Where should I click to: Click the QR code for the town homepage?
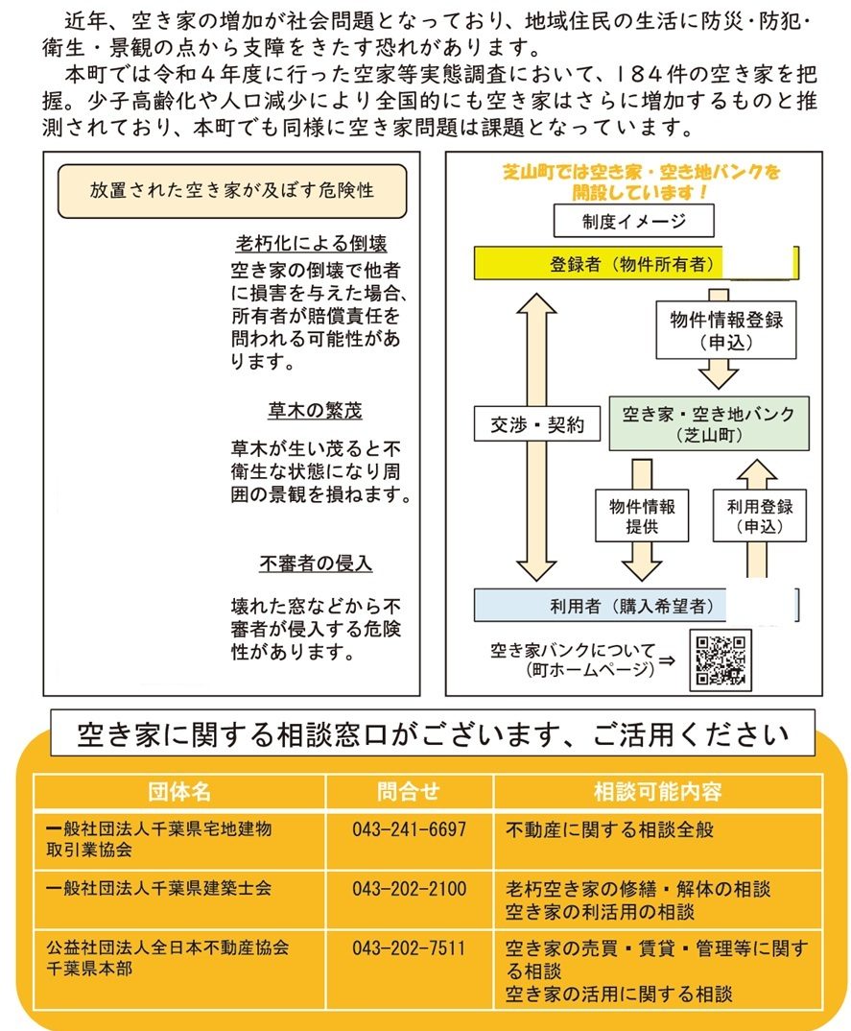tap(721, 660)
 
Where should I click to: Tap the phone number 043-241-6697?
tap(409, 829)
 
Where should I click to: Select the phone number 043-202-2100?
tap(409, 889)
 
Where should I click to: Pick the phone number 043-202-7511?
tap(409, 948)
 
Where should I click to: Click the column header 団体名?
tap(179, 792)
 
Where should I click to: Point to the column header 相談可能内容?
tap(658, 792)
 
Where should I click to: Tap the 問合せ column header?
tap(409, 792)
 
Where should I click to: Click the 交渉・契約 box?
tap(537, 424)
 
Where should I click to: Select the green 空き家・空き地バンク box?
tap(708, 423)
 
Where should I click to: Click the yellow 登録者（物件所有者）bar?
tap(635, 263)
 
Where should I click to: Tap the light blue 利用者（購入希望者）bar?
tap(635, 605)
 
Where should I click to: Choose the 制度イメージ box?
tap(633, 220)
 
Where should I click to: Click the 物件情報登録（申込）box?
tap(726, 329)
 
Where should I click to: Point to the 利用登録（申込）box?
tap(760, 515)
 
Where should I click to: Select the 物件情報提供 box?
tap(642, 515)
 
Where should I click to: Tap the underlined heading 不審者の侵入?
tap(316, 563)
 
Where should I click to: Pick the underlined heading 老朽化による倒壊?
tap(311, 244)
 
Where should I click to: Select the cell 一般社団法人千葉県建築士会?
tap(158, 889)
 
